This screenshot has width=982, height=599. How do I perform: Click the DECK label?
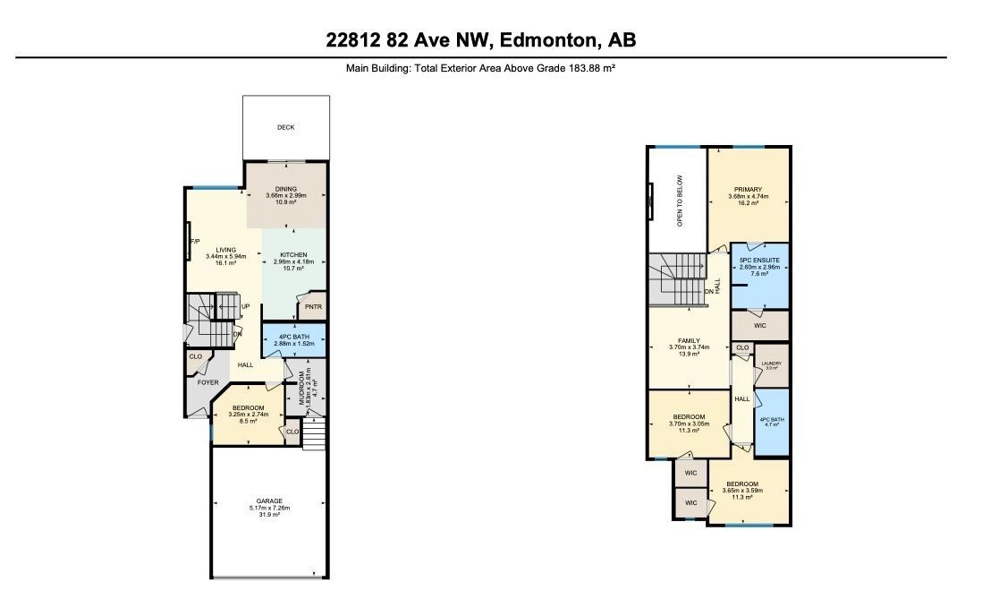click(x=285, y=127)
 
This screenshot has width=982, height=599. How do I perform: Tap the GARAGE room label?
click(x=269, y=501)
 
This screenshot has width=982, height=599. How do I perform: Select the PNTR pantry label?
click(x=312, y=307)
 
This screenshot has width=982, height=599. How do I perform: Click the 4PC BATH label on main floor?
click(x=293, y=337)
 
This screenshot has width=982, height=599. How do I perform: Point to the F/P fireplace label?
click(x=194, y=242)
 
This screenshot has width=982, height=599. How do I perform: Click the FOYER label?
click(x=208, y=382)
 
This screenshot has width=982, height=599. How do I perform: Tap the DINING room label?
click(x=286, y=188)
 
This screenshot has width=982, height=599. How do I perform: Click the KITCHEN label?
click(x=294, y=254)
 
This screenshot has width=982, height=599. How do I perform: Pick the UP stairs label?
click(x=245, y=306)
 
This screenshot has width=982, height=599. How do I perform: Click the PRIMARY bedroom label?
click(x=748, y=189)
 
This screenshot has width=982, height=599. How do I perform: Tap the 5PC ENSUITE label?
click(x=760, y=260)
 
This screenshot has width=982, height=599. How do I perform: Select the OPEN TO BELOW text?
click(x=680, y=200)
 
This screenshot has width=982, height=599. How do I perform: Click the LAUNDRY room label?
click(x=771, y=363)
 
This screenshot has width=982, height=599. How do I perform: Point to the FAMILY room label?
click(x=689, y=341)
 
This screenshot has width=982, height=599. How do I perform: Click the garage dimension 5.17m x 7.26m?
click(x=269, y=508)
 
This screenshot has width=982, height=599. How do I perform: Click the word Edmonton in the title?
click(x=547, y=40)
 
